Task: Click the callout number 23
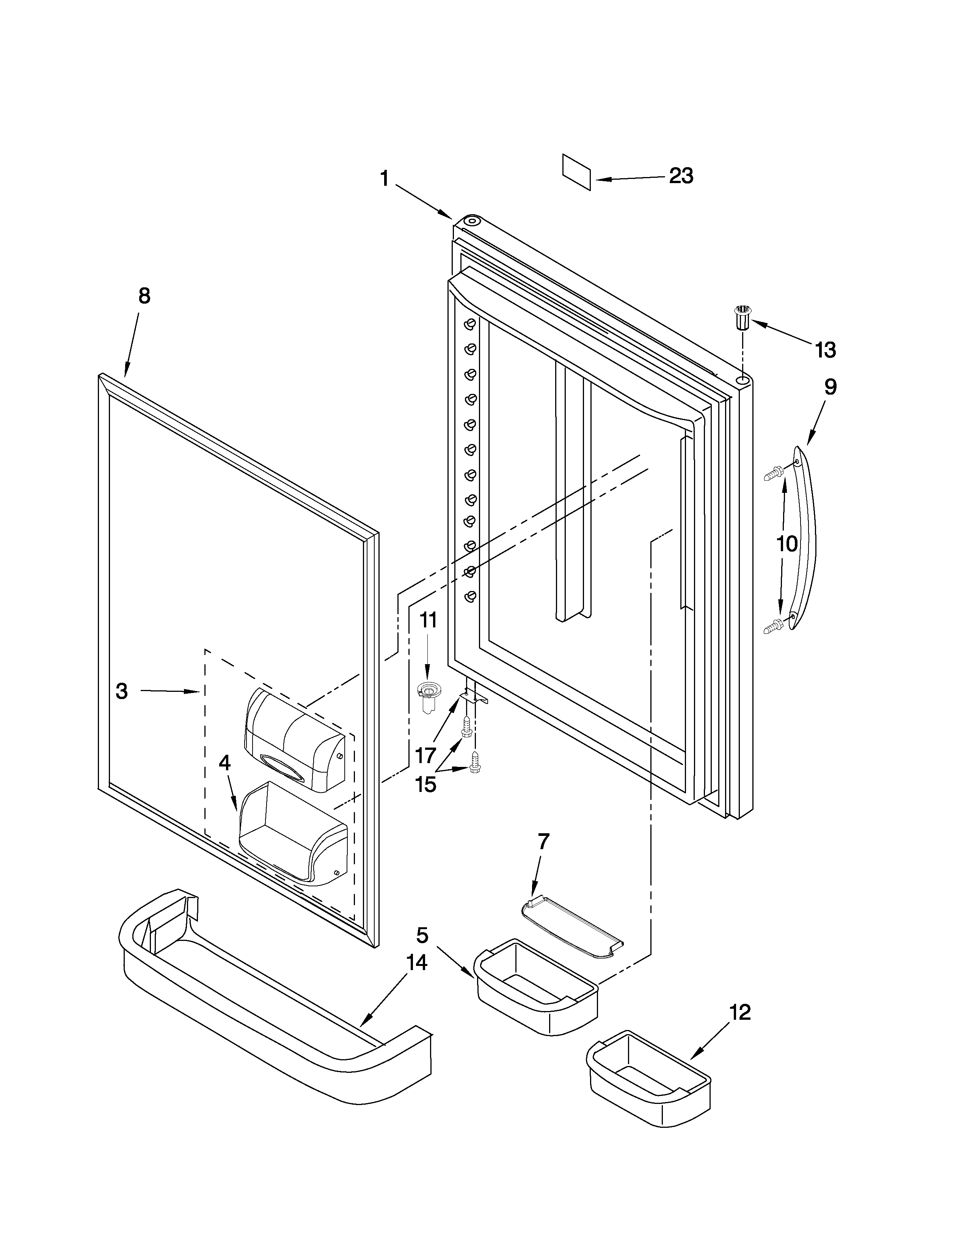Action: (681, 176)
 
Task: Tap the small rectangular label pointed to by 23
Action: (576, 171)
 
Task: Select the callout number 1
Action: (385, 179)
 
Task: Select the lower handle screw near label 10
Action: (773, 627)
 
